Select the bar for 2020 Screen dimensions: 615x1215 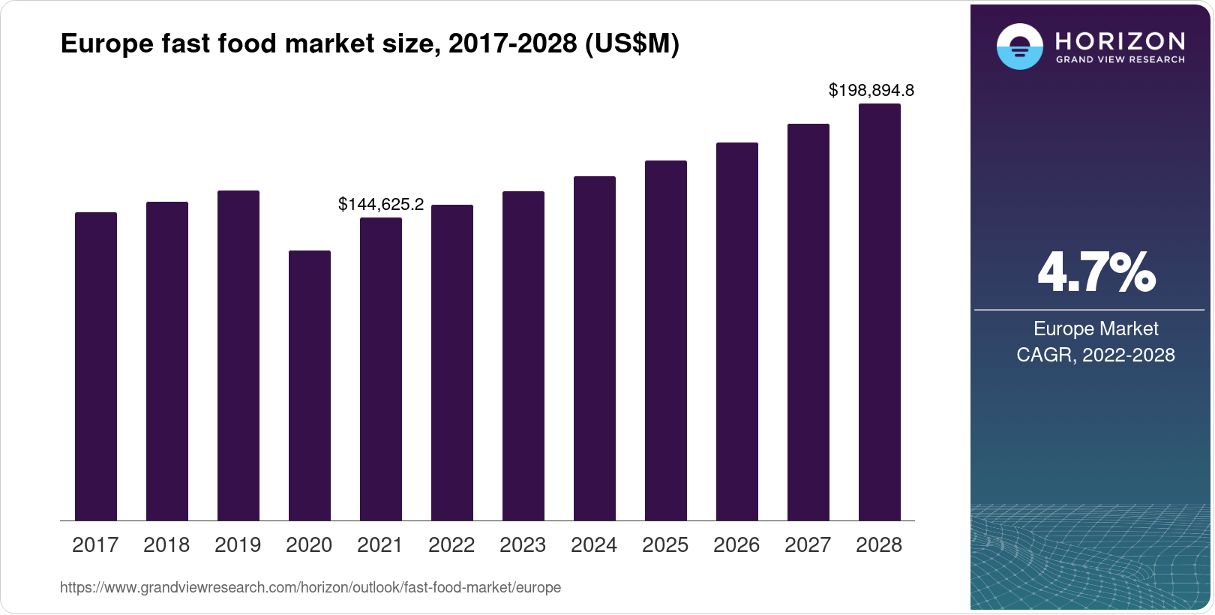(x=309, y=385)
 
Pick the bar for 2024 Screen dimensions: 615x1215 (x=594, y=348)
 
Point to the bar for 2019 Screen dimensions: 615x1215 (x=238, y=355)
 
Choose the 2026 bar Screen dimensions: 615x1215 (x=736, y=331)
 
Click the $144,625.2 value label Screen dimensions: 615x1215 (x=381, y=204)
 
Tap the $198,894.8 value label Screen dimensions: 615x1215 (x=871, y=91)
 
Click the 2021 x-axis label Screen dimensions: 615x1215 (x=380, y=545)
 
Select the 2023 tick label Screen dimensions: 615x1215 (x=523, y=545)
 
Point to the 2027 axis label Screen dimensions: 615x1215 (x=808, y=545)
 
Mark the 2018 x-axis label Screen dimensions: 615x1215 (x=166, y=545)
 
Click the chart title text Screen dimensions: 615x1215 (x=370, y=44)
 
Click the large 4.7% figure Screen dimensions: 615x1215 (x=1096, y=273)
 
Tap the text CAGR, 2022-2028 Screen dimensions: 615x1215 (x=1095, y=355)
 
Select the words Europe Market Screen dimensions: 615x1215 (x=1095, y=328)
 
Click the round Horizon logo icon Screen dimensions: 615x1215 (x=1019, y=46)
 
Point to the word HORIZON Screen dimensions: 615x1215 (x=1120, y=40)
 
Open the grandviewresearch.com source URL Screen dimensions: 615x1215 (x=310, y=588)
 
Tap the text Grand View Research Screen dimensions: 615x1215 (x=1120, y=60)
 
